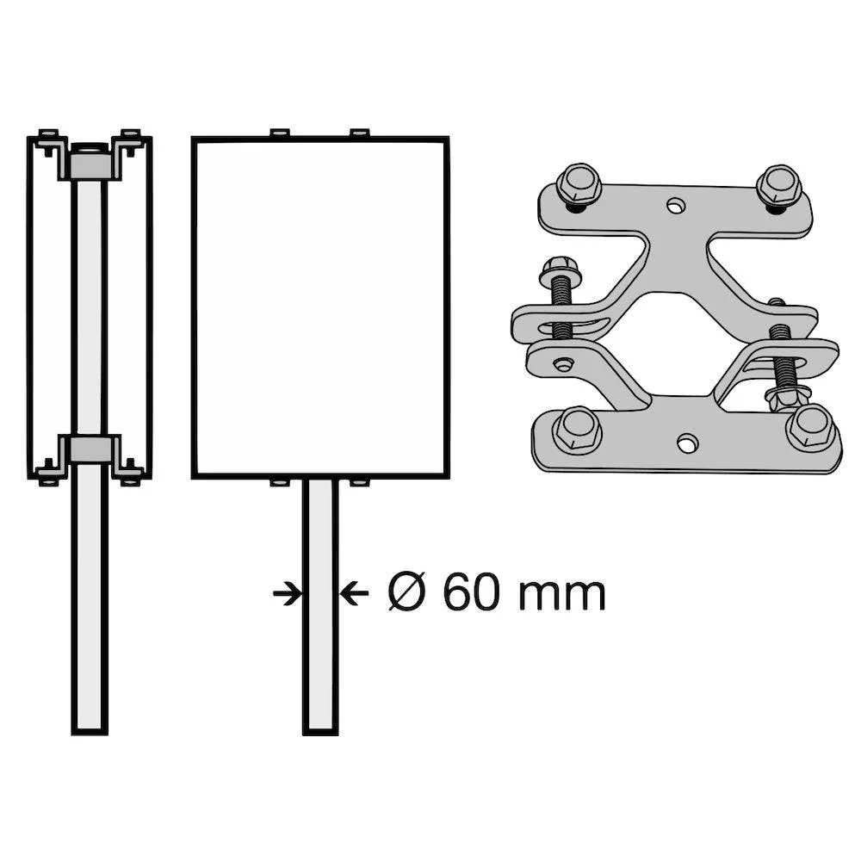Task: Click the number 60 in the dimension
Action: point(470,593)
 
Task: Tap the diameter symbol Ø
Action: point(407,592)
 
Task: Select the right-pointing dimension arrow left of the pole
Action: point(288,593)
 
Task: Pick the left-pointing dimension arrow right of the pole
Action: point(354,593)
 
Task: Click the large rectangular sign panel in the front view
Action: point(320,307)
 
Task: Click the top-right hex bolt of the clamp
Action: point(779,186)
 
